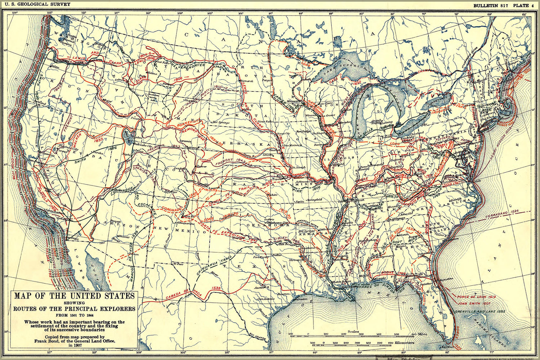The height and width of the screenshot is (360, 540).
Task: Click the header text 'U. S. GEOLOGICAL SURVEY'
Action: click(35, 4)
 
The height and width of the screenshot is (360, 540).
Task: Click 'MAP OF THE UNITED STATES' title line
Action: click(74, 296)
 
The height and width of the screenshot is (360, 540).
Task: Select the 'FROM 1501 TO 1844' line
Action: click(74, 315)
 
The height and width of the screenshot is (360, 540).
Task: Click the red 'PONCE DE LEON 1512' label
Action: click(476, 297)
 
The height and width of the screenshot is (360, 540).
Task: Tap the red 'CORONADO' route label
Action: click(171, 209)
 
